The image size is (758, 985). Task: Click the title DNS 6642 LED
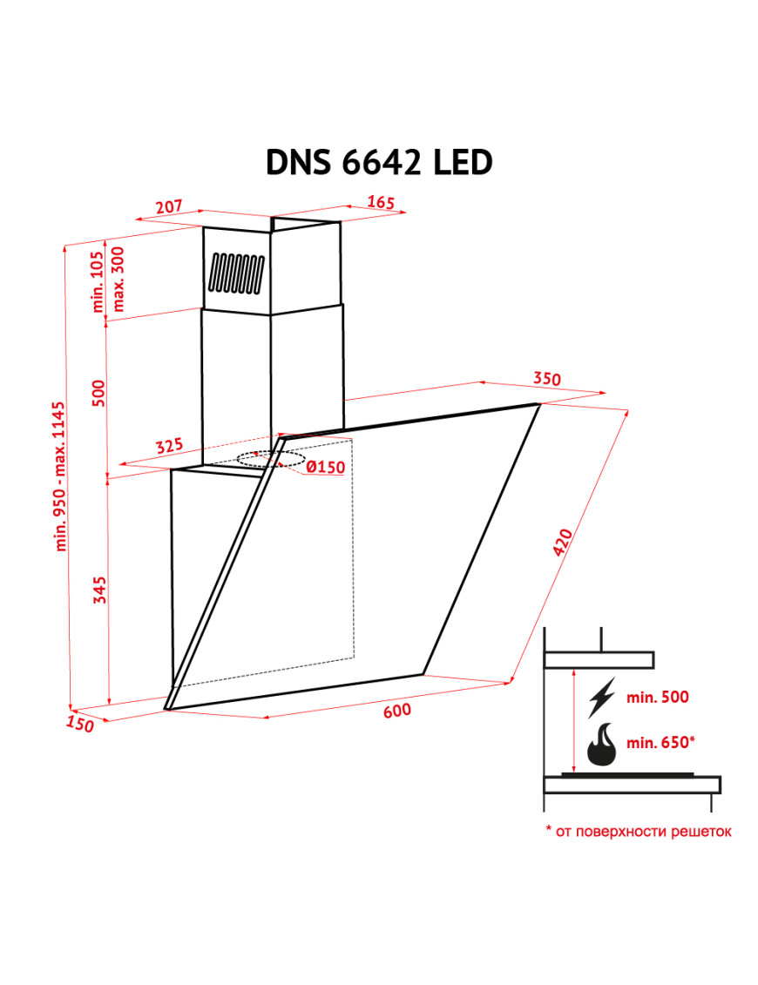pyautogui.click(x=379, y=163)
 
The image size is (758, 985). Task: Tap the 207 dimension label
pyautogui.click(x=169, y=206)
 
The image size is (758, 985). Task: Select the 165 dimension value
pyautogui.click(x=381, y=202)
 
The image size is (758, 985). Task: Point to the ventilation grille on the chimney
pyautogui.click(x=236, y=273)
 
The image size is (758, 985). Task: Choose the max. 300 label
pyautogui.click(x=118, y=279)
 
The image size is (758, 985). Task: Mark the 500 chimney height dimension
pyautogui.click(x=99, y=394)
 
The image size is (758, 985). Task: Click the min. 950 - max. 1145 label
pyautogui.click(x=60, y=476)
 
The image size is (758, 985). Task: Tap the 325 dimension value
pyautogui.click(x=169, y=446)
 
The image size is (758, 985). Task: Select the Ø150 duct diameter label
pyautogui.click(x=326, y=467)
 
